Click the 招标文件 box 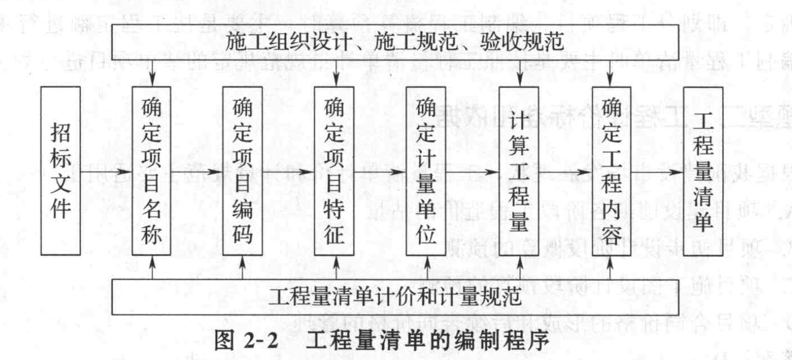[x=61, y=171]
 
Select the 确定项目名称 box [x=151, y=171]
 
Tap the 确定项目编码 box [x=242, y=171]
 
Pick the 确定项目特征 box [x=334, y=171]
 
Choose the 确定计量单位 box [x=426, y=171]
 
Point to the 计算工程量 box [x=519, y=171]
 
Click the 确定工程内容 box [x=611, y=171]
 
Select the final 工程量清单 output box [x=703, y=171]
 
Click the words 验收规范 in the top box [x=522, y=42]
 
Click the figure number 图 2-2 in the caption [x=246, y=341]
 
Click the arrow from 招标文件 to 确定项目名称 [x=106, y=172]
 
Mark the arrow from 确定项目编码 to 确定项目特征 [x=289, y=172]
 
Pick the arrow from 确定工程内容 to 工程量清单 [x=657, y=172]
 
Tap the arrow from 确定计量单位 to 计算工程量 [x=472, y=172]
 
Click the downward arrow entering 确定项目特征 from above [x=336, y=73]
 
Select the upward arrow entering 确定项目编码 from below [x=242, y=267]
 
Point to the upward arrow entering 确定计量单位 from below [x=427, y=267]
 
